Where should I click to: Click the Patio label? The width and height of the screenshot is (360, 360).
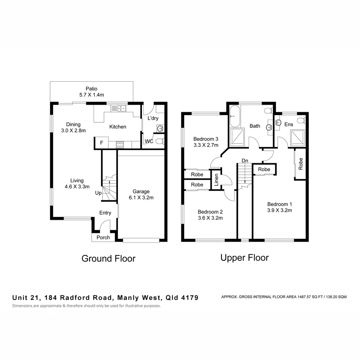point(91,89)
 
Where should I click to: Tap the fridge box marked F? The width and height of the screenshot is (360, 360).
point(102,143)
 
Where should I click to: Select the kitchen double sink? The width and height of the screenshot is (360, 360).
point(119,108)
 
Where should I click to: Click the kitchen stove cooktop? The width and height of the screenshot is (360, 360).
point(120,144)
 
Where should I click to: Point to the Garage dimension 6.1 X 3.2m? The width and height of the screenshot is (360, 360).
point(141,197)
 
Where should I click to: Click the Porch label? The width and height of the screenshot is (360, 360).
point(103,237)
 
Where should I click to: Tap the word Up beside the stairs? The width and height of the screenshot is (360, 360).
point(98,193)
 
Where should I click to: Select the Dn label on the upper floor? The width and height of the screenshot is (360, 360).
point(245,161)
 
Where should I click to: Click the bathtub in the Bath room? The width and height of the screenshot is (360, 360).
point(234,117)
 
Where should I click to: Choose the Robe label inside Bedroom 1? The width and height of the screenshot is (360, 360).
point(300,164)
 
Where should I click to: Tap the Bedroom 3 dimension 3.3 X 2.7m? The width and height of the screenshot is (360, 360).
point(206,145)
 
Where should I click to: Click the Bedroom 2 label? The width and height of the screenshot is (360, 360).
point(210,212)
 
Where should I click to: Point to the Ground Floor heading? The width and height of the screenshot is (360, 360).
point(108,258)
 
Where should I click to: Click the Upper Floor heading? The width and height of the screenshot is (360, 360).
point(244,257)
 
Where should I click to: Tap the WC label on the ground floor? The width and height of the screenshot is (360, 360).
point(149,141)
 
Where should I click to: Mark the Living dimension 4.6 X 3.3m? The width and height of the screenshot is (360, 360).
point(77,187)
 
